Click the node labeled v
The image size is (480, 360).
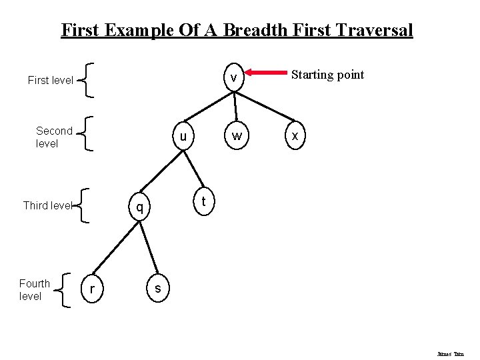click(233, 79)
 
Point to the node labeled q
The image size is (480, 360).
click(139, 207)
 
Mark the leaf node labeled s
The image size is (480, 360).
click(157, 287)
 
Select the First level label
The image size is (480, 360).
click(51, 81)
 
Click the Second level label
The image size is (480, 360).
click(54, 137)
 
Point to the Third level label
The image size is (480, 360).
click(47, 205)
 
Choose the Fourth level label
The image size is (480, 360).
click(35, 290)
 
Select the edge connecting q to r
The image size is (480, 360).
click(114, 248)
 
